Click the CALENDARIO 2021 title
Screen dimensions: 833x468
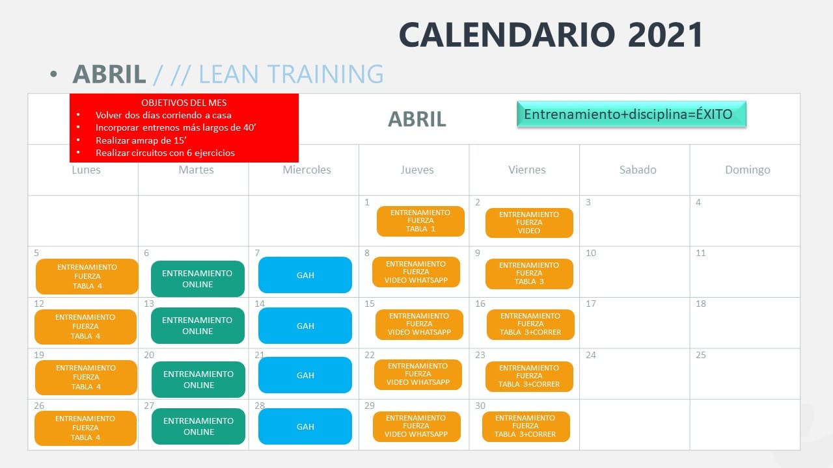(x=551, y=34)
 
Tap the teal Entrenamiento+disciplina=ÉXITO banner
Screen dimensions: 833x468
(x=631, y=114)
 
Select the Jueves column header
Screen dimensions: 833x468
(x=417, y=170)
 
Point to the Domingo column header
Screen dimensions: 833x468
(x=748, y=170)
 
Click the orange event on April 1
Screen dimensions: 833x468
(x=420, y=221)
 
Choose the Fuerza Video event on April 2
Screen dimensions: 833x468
(x=529, y=223)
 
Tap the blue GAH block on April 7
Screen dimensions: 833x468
(x=305, y=275)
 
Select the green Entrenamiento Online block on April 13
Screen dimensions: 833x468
(x=197, y=326)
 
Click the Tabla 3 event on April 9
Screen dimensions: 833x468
(x=529, y=274)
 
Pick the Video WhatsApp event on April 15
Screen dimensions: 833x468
(x=419, y=324)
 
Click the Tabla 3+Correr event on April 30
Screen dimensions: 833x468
(x=526, y=426)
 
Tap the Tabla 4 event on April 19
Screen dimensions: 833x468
(x=86, y=378)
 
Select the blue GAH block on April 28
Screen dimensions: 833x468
(x=305, y=426)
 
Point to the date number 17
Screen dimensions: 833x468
(x=590, y=304)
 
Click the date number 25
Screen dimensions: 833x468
(x=701, y=355)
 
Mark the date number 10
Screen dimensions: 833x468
(x=590, y=253)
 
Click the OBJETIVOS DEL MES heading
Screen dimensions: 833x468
(x=184, y=103)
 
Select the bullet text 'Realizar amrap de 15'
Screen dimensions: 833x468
(x=141, y=140)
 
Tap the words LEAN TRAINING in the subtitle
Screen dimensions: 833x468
(x=291, y=74)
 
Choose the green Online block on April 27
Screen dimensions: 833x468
(x=198, y=426)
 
